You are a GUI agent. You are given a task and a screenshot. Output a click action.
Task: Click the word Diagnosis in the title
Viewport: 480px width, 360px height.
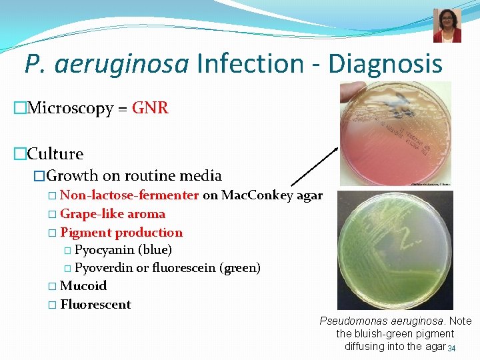pos(384,64)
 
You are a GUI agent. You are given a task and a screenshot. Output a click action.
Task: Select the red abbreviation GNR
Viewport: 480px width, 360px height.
pos(150,108)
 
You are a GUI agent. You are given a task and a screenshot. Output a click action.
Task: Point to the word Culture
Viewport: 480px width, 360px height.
pos(55,154)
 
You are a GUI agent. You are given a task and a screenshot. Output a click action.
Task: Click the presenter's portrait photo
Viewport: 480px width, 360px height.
pos(447,26)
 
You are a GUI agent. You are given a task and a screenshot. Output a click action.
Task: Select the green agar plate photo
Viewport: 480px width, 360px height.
pos(395,250)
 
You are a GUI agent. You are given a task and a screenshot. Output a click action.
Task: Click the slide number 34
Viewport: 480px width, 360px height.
pos(451,349)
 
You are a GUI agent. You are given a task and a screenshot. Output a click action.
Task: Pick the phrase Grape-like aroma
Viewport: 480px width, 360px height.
pos(113,214)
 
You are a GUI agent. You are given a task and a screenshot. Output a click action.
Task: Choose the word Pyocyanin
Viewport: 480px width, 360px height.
pos(105,250)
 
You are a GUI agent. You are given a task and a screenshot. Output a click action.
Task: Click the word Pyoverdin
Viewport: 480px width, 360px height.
pos(104,268)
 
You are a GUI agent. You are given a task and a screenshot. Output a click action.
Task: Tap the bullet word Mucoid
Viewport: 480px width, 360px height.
pos(83,286)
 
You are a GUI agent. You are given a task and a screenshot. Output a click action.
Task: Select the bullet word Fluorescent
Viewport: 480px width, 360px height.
pos(95,305)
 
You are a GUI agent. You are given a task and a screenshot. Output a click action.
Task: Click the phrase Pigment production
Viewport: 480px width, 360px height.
pos(121,233)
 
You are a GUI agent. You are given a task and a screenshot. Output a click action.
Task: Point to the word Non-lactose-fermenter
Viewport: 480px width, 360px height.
pos(129,195)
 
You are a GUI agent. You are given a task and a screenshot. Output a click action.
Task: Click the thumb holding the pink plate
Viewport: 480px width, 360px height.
pos(351,93)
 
